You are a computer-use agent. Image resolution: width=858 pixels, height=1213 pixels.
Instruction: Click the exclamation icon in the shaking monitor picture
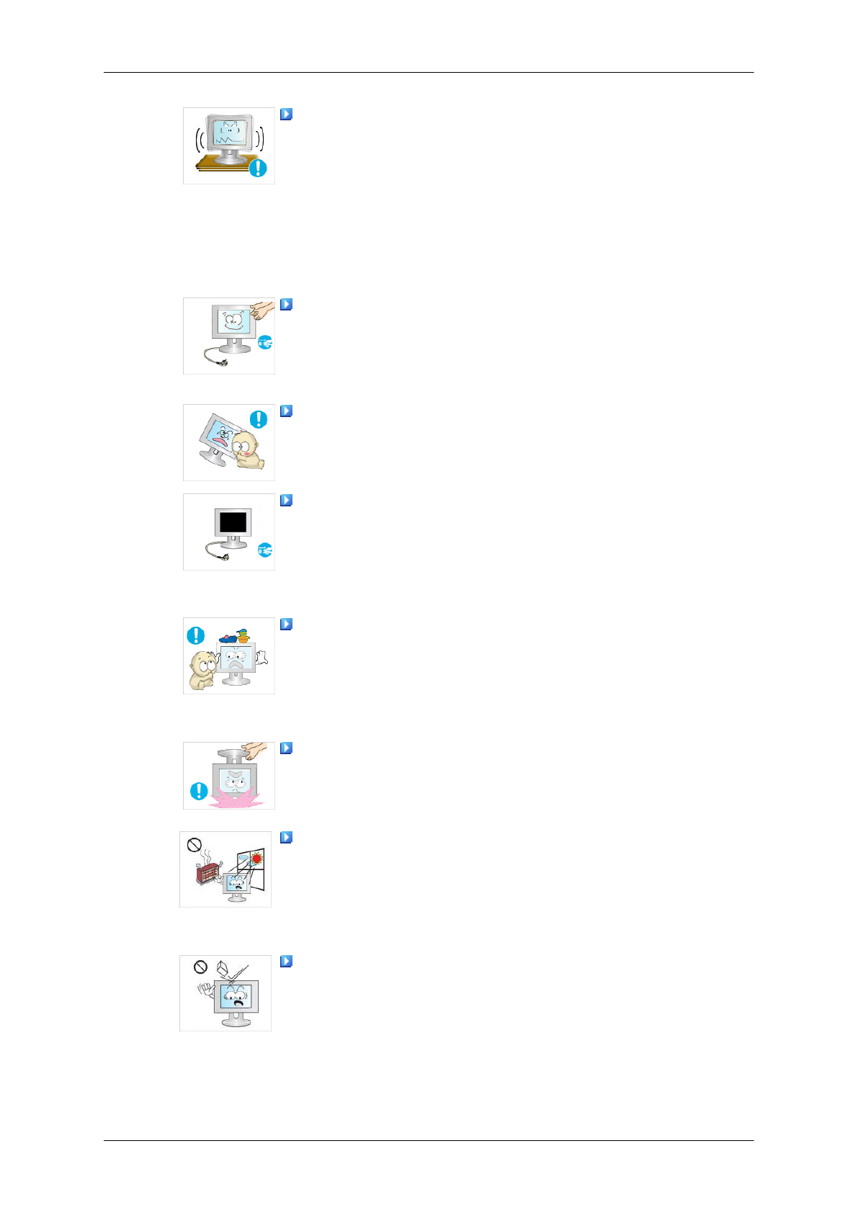pyautogui.click(x=257, y=169)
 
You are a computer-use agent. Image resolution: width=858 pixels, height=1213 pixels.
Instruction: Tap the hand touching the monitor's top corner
pyautogui.click(x=263, y=310)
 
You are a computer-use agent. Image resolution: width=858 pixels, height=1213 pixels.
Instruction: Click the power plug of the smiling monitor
pyautogui.click(x=209, y=354)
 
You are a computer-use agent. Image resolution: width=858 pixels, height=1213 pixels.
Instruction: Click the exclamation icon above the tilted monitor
pyautogui.click(x=258, y=419)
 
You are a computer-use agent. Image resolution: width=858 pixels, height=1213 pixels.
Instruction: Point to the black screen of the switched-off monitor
pyautogui.click(x=232, y=522)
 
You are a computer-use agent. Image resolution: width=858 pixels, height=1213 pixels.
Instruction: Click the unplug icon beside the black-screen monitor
pyautogui.click(x=265, y=551)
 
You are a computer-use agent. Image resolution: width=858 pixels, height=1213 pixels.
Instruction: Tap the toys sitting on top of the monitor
pyautogui.click(x=235, y=637)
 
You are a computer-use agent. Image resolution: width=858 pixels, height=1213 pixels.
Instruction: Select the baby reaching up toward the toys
pyautogui.click(x=202, y=670)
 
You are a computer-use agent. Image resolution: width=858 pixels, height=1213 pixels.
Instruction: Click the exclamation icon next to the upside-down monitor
pyautogui.click(x=198, y=792)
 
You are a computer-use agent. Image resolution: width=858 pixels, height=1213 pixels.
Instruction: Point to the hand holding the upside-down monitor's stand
pyautogui.click(x=255, y=751)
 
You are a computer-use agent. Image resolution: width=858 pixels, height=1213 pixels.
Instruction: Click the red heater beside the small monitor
pyautogui.click(x=207, y=874)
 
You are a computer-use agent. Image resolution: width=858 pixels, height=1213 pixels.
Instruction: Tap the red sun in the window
pyautogui.click(x=256, y=859)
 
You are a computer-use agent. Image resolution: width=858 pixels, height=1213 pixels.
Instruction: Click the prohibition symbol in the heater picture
pyautogui.click(x=194, y=845)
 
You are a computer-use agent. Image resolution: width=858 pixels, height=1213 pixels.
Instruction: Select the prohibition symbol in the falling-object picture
pyautogui.click(x=201, y=967)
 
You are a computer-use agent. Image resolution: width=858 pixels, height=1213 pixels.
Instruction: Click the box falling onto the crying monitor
pyautogui.click(x=223, y=967)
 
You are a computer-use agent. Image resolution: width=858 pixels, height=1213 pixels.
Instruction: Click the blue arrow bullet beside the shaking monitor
pyautogui.click(x=286, y=114)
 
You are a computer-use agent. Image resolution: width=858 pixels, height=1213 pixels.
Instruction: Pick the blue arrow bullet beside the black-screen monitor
pyautogui.click(x=286, y=500)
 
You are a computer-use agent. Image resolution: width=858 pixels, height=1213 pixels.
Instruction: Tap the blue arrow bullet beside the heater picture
pyautogui.click(x=286, y=837)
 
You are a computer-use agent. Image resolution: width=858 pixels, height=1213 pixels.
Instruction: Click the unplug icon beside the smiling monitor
pyautogui.click(x=265, y=343)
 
